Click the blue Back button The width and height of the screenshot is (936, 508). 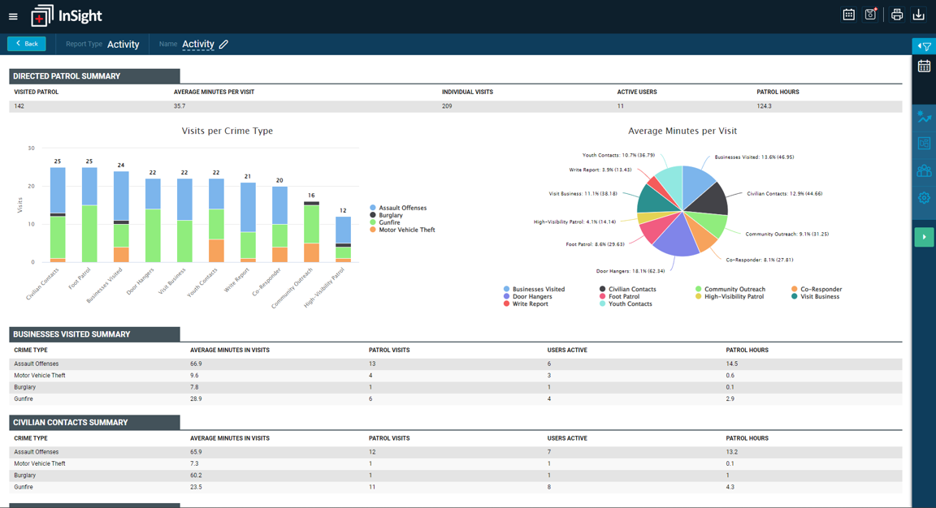26,44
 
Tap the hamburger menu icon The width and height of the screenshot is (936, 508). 13,17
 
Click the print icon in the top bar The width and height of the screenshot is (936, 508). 897,15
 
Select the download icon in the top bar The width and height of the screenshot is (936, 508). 919,15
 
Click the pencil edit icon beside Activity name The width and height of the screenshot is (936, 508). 224,44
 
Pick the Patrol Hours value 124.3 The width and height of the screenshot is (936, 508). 764,106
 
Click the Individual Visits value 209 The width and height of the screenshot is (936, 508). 447,106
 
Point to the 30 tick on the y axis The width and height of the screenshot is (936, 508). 31,148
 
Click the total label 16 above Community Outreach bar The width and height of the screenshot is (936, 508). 311,196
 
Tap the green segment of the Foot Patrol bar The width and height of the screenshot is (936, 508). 89,234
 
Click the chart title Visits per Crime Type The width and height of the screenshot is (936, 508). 227,131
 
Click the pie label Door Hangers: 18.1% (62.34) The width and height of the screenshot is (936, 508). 630,271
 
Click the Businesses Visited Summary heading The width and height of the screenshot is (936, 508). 71,334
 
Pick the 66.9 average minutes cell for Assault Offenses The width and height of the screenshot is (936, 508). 196,364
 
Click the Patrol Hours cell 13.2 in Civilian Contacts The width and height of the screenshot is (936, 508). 732,452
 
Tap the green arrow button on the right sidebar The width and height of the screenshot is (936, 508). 924,237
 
